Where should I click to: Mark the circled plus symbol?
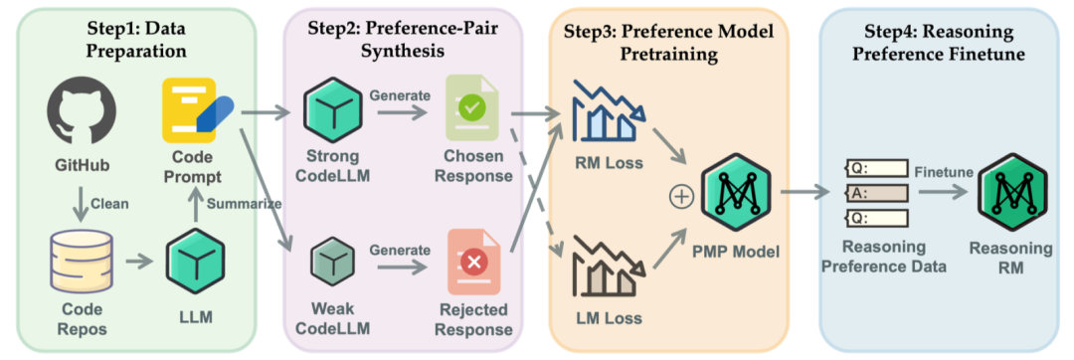(x=681, y=196)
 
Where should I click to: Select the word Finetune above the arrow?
(x=945, y=172)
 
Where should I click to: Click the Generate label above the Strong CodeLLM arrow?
(x=401, y=94)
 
